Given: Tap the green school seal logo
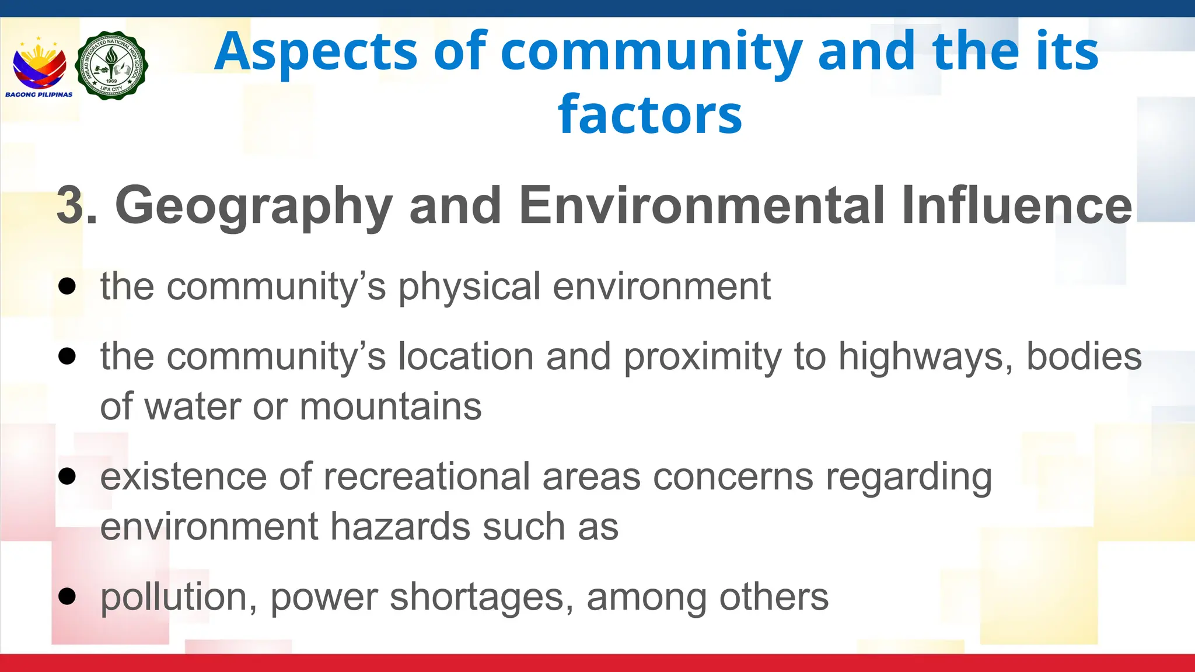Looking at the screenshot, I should [111, 65].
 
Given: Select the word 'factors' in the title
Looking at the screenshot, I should [649, 114].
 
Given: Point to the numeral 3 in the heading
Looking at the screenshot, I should [70, 205].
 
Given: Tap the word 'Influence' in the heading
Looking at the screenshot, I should [1016, 205].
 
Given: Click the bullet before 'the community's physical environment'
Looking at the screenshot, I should [68, 286].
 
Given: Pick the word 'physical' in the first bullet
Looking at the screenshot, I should [469, 287].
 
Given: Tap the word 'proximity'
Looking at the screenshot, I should [703, 357].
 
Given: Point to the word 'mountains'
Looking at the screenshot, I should [390, 407].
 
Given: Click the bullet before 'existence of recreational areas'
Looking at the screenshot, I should [68, 476].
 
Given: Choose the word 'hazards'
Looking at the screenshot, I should [400, 527].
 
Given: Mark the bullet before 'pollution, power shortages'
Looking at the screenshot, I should [68, 596].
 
